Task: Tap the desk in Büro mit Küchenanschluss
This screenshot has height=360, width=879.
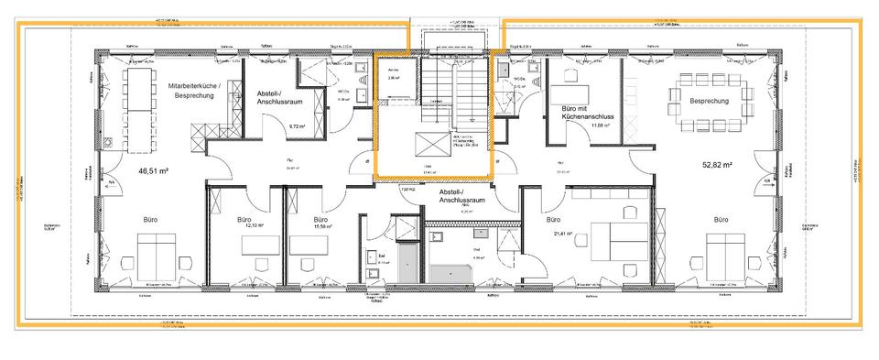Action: click(x=574, y=93)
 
